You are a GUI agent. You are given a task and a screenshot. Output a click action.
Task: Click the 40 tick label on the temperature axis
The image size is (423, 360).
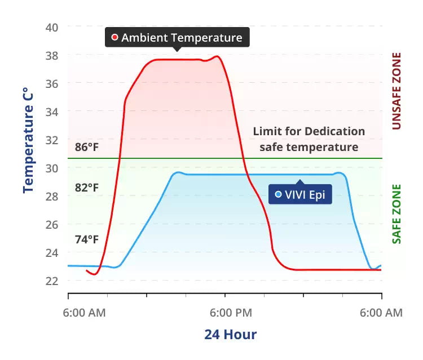51,28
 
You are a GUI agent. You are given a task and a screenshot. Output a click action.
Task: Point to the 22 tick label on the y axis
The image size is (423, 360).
51,281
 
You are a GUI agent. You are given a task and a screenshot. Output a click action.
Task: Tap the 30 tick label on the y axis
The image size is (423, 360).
51,168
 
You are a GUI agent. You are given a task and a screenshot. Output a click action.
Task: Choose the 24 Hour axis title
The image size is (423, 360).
230,335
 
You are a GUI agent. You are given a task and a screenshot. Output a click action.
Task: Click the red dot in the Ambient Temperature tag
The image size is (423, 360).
114,38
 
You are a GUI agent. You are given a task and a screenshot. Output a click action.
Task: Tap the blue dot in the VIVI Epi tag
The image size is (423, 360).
278,195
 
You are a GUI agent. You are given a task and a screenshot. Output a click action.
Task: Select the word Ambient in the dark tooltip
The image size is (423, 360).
144,38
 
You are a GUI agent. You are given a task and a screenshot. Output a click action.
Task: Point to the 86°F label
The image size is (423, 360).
87,148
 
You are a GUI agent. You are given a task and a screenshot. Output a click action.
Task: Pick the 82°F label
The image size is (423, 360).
87,188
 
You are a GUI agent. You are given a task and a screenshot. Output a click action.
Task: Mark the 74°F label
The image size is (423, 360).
87,239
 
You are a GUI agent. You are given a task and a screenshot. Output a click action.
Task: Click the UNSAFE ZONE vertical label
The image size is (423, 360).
396,91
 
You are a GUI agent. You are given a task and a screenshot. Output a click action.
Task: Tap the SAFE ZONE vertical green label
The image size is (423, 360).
396,214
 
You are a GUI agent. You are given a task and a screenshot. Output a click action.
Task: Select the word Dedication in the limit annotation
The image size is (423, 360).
334,132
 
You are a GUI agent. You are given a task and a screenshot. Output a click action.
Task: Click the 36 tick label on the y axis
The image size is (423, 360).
51,83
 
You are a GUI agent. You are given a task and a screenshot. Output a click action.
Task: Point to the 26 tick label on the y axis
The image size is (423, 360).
51,224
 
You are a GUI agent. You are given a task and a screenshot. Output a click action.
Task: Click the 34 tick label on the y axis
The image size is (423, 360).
51,112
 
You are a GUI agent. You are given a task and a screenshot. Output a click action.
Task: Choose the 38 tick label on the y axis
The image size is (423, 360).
51,56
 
